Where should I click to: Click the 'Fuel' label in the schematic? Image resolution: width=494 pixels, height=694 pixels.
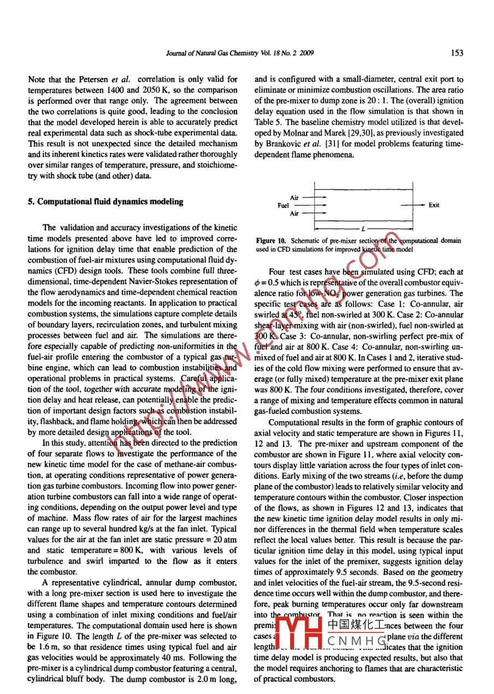283,206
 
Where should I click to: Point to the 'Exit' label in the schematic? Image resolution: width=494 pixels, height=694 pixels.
434,206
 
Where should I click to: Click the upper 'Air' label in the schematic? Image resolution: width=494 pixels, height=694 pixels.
295,198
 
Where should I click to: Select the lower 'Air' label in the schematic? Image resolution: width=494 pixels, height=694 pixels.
295,214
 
